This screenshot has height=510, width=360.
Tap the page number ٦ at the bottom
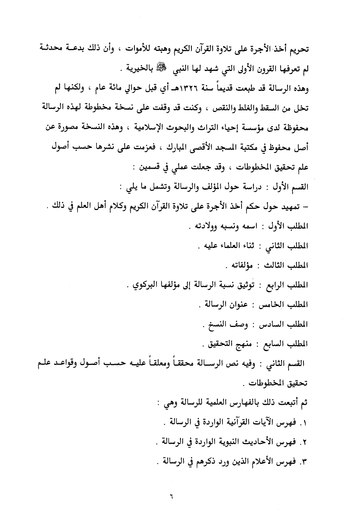[171, 496]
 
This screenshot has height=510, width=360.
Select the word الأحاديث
[259, 442]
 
